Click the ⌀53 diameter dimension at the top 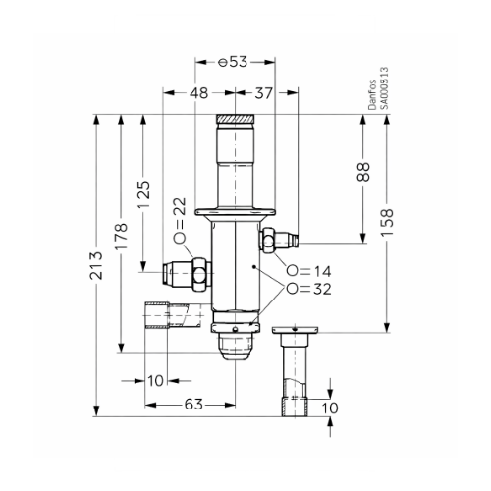tap(234, 61)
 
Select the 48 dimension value tap(198, 93)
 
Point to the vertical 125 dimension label tap(144, 193)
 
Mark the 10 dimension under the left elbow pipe tap(156, 379)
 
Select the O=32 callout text tap(307, 289)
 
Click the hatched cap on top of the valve tap(236, 123)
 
